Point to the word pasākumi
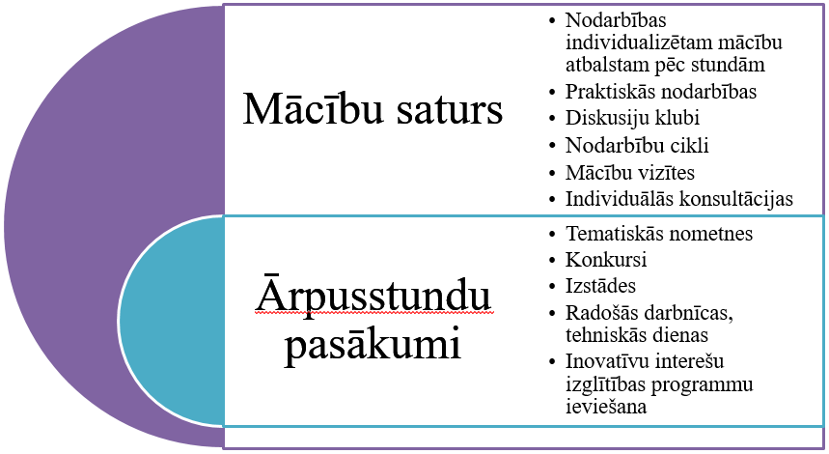click(373, 346)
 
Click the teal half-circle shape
click(171, 321)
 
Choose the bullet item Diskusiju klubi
click(632, 118)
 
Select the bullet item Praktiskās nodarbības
click(661, 92)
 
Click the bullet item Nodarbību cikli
click(637, 145)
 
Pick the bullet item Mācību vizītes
click(629, 172)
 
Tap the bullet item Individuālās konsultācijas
click(679, 199)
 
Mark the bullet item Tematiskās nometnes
click(659, 234)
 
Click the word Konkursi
click(606, 259)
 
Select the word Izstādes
click(600, 286)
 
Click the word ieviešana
click(606, 407)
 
